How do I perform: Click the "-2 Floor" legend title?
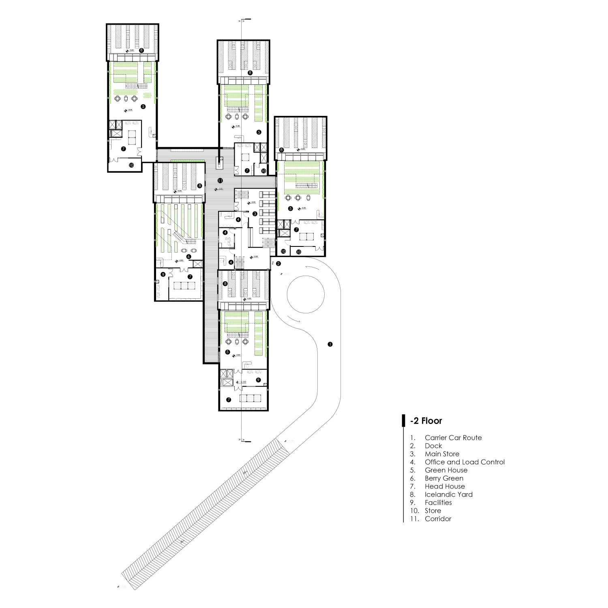pyautogui.click(x=426, y=421)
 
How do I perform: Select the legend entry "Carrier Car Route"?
pyautogui.click(x=453, y=438)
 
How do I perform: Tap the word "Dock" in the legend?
pyautogui.click(x=433, y=446)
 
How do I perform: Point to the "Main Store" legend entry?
pyautogui.click(x=442, y=454)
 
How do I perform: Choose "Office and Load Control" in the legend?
pyautogui.click(x=465, y=462)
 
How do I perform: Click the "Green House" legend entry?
pyautogui.click(x=446, y=470)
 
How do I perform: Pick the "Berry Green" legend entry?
pyautogui.click(x=444, y=478)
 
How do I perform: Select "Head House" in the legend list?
pyautogui.click(x=445, y=486)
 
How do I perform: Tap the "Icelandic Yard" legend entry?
pyautogui.click(x=449, y=495)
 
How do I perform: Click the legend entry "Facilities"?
pyautogui.click(x=438, y=503)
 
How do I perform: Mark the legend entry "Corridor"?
pyautogui.click(x=438, y=519)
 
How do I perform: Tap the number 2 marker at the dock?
pyautogui.click(x=278, y=264)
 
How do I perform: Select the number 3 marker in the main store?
pyautogui.click(x=255, y=214)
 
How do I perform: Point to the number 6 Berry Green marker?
pyautogui.click(x=189, y=256)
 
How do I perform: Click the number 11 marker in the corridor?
pyautogui.click(x=220, y=180)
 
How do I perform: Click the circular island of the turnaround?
pyautogui.click(x=306, y=295)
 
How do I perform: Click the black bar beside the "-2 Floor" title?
pyautogui.click(x=403, y=420)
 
